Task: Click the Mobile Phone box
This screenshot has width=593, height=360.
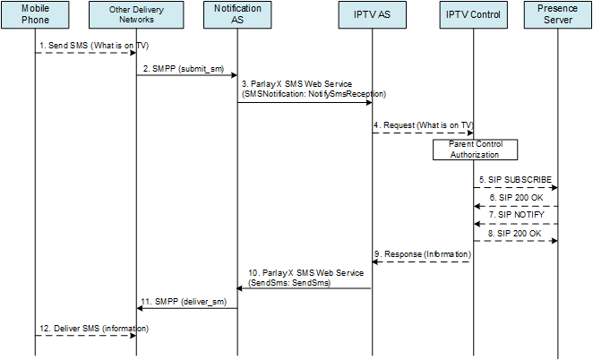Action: (x=35, y=16)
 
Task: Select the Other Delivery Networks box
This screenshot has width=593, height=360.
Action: (x=136, y=16)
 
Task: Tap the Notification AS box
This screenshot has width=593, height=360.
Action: (x=237, y=16)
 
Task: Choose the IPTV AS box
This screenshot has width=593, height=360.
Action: (x=373, y=16)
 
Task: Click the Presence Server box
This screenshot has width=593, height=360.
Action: (x=558, y=16)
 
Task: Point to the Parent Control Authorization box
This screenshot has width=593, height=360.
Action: (x=475, y=149)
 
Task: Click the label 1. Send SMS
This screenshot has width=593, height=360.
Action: (x=86, y=44)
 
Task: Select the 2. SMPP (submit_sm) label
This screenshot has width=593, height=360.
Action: (x=186, y=67)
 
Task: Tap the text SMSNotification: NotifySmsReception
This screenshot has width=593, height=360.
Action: (x=314, y=93)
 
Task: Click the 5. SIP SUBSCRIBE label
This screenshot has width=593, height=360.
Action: (x=515, y=179)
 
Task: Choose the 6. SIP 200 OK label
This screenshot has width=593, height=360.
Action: (x=515, y=197)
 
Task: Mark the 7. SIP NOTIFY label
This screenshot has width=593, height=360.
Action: (x=515, y=216)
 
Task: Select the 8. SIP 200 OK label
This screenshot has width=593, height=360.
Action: (x=515, y=233)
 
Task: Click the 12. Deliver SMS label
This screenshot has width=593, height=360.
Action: (x=87, y=328)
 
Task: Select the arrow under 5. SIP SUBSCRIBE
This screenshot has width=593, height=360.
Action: (x=516, y=188)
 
